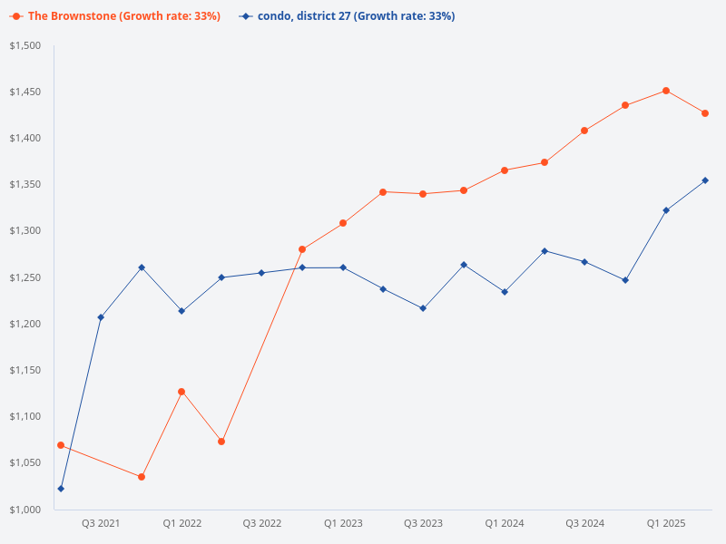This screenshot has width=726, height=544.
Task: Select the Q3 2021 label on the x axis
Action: point(101,523)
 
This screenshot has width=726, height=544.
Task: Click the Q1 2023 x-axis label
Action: point(343,523)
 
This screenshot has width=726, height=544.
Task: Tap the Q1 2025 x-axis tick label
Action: point(665,523)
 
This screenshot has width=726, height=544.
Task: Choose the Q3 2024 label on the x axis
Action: point(584,523)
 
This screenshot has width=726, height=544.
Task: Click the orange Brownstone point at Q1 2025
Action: point(665,91)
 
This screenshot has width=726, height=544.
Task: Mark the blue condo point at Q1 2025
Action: point(665,210)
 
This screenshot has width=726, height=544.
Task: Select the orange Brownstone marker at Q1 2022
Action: point(181,392)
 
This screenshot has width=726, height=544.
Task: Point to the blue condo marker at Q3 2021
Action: point(101,317)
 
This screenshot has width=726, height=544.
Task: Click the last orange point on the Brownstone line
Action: point(705,113)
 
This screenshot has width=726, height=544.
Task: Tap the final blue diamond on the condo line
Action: point(705,180)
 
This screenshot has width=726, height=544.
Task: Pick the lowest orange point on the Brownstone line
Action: point(142,477)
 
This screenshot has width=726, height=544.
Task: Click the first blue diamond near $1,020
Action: point(61,489)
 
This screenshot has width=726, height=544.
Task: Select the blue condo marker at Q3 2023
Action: point(423,308)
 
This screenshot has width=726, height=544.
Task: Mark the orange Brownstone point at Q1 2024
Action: point(504,170)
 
